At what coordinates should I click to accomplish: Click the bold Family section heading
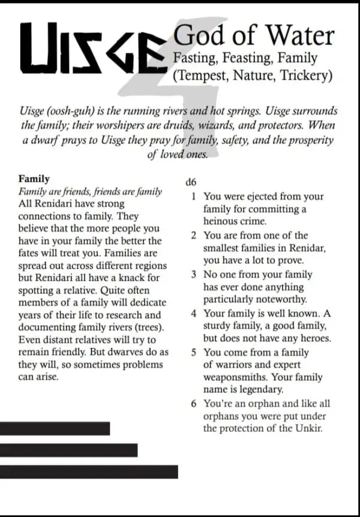point(34,179)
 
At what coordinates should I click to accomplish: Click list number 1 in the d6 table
point(194,196)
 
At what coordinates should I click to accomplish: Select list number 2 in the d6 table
point(194,235)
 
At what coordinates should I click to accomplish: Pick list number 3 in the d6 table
point(194,274)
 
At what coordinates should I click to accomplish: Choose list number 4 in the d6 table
point(194,313)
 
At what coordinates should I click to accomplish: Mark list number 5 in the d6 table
point(194,352)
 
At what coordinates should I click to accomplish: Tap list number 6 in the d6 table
point(194,404)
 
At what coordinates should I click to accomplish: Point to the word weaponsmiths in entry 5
point(234,378)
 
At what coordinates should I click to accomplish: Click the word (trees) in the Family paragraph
point(149,327)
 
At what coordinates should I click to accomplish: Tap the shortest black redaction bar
point(55,428)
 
